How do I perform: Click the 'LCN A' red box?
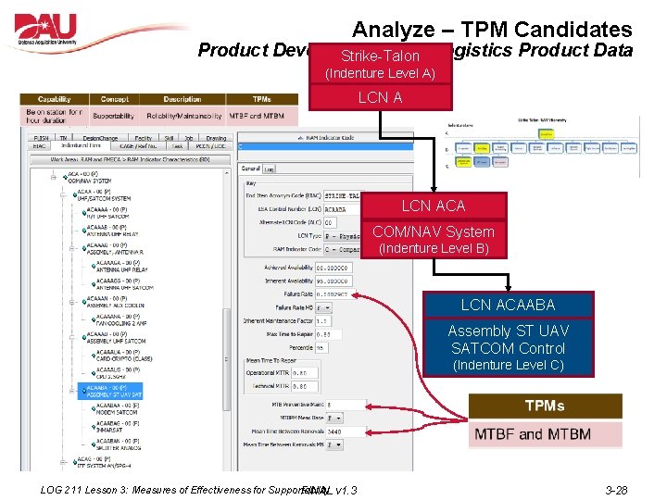(380, 97)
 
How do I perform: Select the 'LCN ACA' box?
(433, 206)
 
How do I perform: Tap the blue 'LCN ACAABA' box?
(509, 304)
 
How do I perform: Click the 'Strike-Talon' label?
(380, 56)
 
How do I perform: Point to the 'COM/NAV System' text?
(433, 231)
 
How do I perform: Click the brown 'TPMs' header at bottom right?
(545, 406)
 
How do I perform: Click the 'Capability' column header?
(54, 99)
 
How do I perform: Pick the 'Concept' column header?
(115, 99)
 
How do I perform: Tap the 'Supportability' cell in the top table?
(114, 116)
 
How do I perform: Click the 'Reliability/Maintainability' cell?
(182, 116)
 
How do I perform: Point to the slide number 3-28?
(615, 490)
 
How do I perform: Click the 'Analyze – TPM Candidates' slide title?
(491, 30)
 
